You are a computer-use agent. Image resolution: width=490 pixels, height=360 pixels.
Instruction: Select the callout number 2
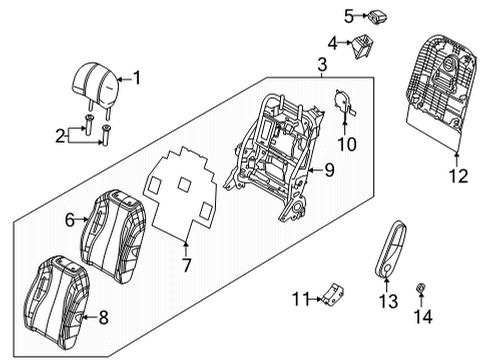(x=60, y=136)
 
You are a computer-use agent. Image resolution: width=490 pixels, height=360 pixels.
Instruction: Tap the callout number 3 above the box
(x=322, y=65)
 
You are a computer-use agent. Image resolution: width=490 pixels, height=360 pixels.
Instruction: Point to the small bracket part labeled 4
(x=361, y=46)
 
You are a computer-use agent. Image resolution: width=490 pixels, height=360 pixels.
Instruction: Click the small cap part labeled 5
(x=377, y=17)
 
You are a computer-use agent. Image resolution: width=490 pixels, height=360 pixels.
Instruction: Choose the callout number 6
(x=70, y=220)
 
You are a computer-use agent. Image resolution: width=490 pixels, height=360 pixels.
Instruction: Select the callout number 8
(x=104, y=318)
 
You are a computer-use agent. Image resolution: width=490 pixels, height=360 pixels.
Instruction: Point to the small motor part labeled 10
(x=344, y=104)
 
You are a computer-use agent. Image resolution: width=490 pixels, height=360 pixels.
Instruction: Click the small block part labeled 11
(x=333, y=294)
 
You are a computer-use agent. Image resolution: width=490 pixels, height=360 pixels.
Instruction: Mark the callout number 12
(x=459, y=176)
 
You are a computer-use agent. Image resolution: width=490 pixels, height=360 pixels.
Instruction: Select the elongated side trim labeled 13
(x=390, y=249)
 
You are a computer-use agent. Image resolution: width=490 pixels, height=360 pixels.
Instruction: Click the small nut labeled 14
(x=420, y=289)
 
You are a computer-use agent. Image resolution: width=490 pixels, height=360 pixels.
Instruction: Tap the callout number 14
(x=423, y=316)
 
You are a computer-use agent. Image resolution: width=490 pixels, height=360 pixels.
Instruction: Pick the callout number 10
(x=347, y=144)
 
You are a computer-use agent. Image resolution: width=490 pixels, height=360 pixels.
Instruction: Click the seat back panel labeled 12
(x=441, y=90)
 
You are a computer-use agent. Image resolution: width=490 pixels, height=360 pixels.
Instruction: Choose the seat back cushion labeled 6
(x=113, y=236)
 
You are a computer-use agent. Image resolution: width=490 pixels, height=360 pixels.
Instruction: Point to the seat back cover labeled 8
(x=56, y=298)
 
